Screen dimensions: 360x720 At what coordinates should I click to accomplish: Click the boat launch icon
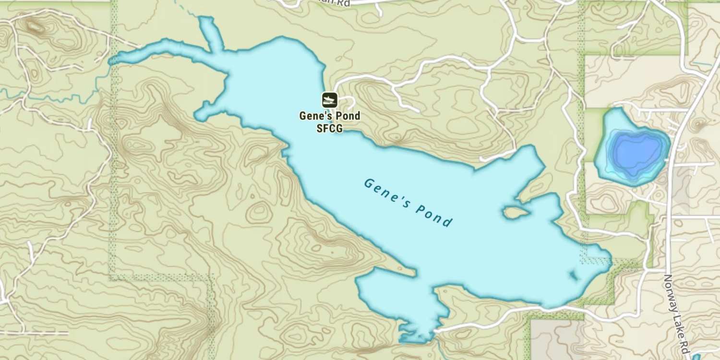tap(329, 100)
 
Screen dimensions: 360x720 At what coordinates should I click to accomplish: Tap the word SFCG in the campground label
tap(329, 128)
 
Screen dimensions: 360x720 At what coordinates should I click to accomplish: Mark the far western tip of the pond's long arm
tap(111, 61)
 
